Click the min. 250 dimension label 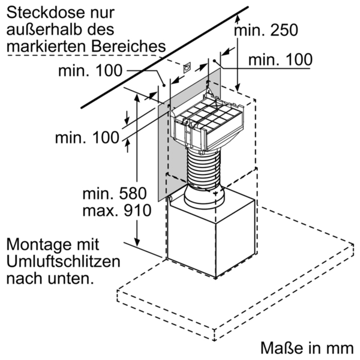[266, 31]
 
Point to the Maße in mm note [307, 348]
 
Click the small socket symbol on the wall [186, 67]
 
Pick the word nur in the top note [109, 12]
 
